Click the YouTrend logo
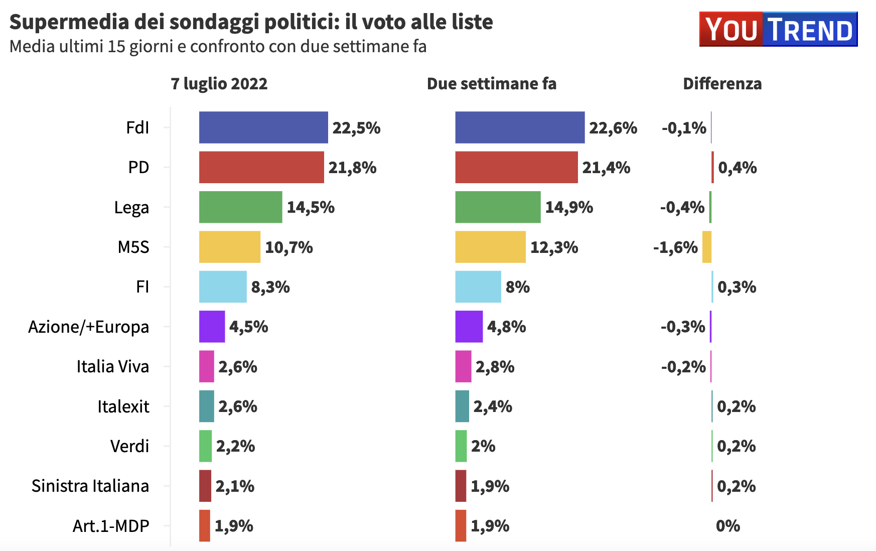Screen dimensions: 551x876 tap(778, 30)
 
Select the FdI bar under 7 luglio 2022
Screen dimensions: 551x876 tap(263, 127)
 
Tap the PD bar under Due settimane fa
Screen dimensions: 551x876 tap(516, 167)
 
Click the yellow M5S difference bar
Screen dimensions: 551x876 tap(706, 247)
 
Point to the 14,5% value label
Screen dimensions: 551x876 tap(311, 207)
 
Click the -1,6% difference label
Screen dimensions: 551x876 tap(675, 247)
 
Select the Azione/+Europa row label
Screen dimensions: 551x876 tap(88, 327)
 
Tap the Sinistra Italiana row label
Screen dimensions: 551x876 tap(90, 486)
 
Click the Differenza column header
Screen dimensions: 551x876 tap(722, 83)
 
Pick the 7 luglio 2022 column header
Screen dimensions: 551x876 tap(219, 83)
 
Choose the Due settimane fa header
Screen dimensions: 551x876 tap(491, 83)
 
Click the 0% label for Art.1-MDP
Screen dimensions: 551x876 tap(728, 526)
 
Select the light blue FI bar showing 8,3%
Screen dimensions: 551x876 tap(223, 287)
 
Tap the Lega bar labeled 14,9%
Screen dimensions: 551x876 tap(498, 207)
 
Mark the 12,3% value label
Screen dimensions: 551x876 tap(554, 247)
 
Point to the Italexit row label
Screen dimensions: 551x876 tap(123, 406)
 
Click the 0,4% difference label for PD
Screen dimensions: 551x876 tap(737, 168)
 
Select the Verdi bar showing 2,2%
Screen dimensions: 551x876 tap(205, 446)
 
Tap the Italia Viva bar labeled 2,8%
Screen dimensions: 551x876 tap(463, 366)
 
